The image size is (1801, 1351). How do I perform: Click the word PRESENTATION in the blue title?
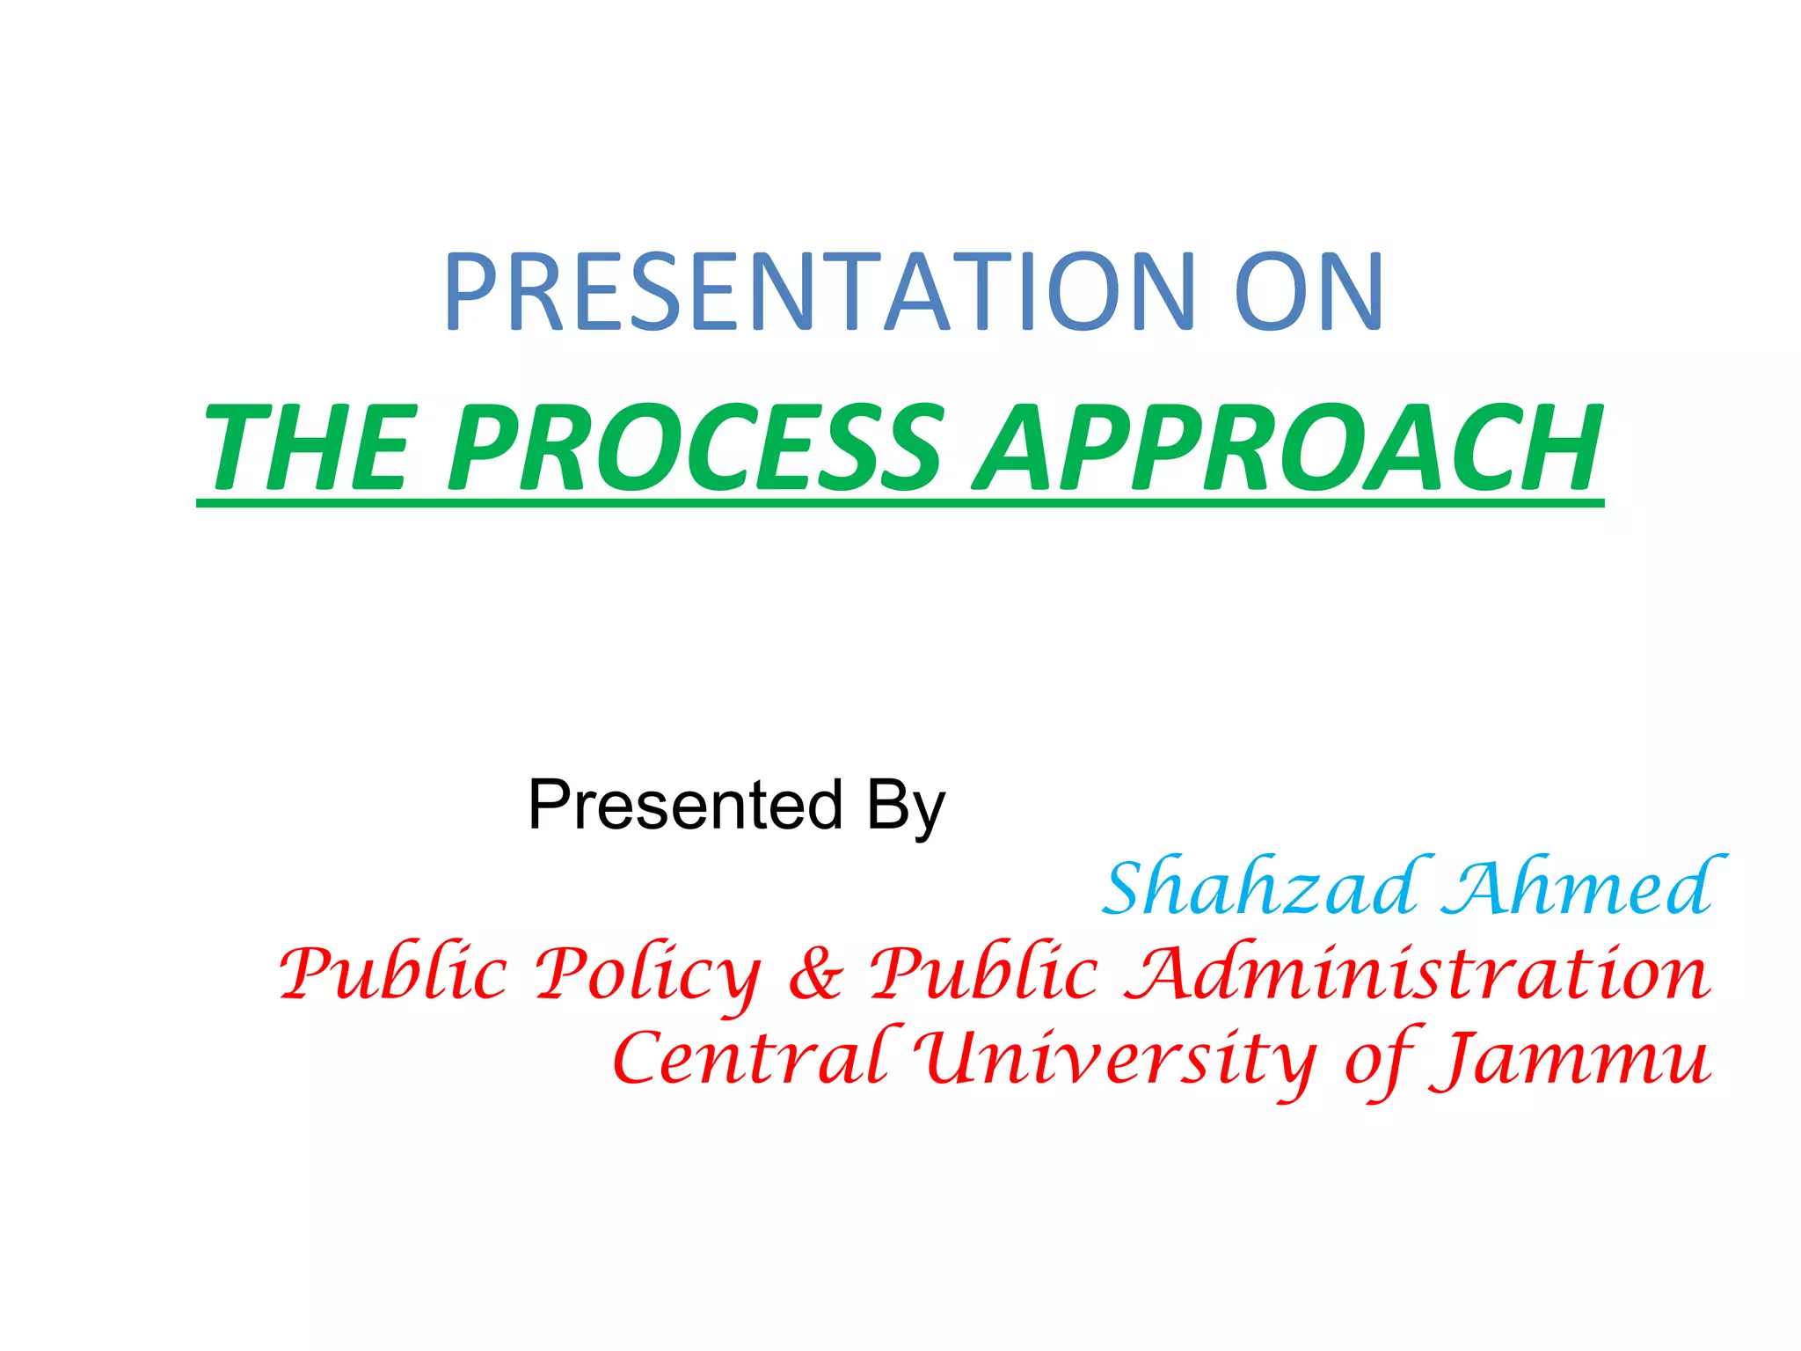pyautogui.click(x=818, y=292)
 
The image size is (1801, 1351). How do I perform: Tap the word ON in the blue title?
pyautogui.click(x=1309, y=292)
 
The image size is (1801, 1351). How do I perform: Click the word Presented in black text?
pyautogui.click(x=686, y=805)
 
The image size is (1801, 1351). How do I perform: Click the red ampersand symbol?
pyautogui.click(x=815, y=976)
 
